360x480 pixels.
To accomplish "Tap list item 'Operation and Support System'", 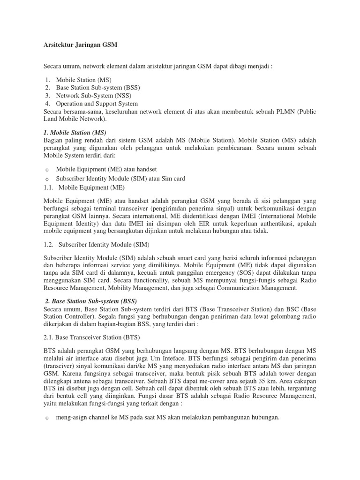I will tap(97, 104).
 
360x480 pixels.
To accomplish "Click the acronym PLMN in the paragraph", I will tap(275, 112).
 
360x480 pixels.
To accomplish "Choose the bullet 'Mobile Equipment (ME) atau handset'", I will tap(106, 169).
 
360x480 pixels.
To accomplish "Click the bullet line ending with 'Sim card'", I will tap(120, 179).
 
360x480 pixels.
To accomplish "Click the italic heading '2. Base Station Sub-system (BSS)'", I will tap(91, 300).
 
